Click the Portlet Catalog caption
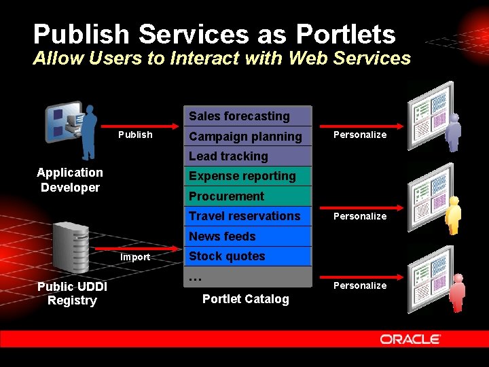[246, 299]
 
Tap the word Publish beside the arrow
[135, 135]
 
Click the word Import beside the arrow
[135, 258]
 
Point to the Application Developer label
[70, 180]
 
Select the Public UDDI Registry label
[72, 294]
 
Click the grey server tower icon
[71, 247]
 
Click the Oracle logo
[410, 339]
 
